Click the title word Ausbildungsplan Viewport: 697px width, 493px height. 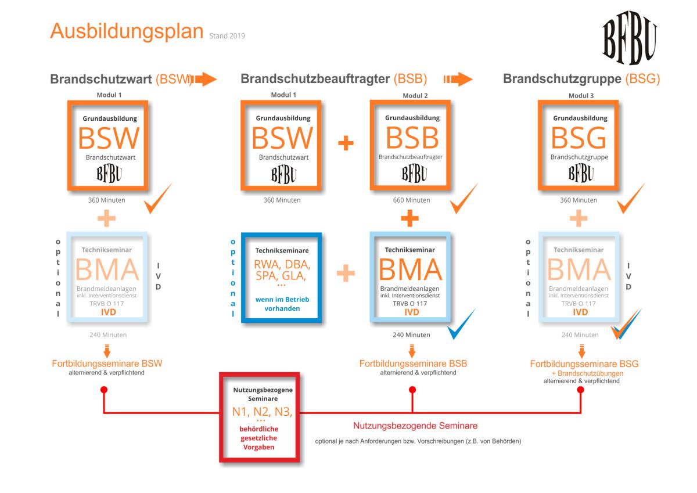point(127,32)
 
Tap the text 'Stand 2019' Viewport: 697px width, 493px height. point(227,36)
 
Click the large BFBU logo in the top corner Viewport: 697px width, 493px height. point(630,38)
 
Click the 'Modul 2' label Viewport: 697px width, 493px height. point(415,95)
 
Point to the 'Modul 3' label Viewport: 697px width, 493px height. point(581,95)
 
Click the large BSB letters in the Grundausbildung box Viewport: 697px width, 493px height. point(412,138)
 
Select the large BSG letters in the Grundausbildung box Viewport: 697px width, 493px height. point(579,138)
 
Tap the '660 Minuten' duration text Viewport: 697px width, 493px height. point(411,200)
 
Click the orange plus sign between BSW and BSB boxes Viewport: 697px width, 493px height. point(346,143)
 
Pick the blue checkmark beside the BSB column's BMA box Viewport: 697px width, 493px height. point(461,324)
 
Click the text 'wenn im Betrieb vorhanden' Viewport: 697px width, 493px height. point(282,304)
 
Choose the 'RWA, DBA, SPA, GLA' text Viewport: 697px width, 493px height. point(282,270)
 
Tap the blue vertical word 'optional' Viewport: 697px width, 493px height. point(233,278)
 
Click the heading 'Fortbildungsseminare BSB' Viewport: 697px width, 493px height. point(413,364)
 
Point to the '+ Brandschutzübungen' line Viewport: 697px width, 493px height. point(587,373)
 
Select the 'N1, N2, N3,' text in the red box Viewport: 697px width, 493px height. point(262,412)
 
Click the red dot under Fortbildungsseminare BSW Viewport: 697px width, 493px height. point(104,390)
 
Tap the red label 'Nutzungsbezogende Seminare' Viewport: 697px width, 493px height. point(415,426)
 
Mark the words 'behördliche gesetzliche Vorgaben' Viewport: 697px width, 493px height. point(259,438)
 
